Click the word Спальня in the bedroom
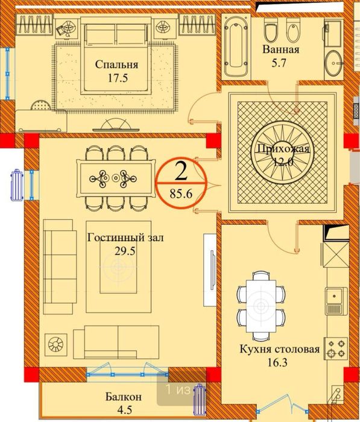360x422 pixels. [x=116, y=65]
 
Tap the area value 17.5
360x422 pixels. [x=116, y=78]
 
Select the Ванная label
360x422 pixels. [x=280, y=49]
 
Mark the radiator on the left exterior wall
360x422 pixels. [x=16, y=183]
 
